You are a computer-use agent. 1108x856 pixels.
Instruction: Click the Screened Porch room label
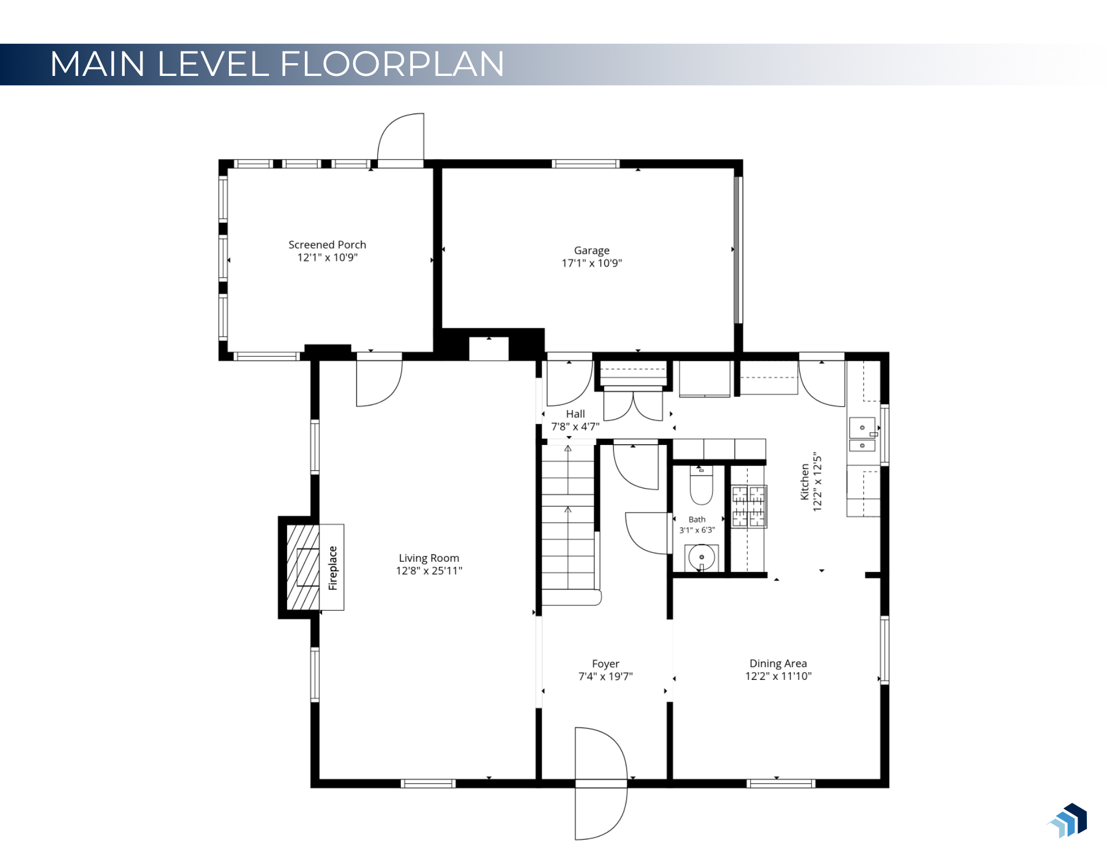pos(327,244)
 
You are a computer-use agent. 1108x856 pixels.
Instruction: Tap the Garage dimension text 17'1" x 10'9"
pos(591,263)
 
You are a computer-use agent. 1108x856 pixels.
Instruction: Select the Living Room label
pos(429,558)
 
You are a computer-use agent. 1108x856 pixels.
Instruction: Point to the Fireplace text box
pos(332,567)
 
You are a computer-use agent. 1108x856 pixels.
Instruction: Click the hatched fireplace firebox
pos(303,567)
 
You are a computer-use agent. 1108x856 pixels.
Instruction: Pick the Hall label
pos(575,414)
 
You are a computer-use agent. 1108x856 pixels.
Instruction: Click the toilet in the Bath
pos(701,485)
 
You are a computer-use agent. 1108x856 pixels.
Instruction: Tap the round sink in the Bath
pos(701,557)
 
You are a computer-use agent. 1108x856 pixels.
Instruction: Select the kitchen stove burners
pos(749,506)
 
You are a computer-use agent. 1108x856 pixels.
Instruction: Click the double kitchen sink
pos(862,434)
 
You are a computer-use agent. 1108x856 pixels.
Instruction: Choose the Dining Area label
pos(778,663)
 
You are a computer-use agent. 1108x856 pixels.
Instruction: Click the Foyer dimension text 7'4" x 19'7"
pos(605,676)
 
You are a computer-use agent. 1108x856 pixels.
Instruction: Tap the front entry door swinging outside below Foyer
pos(601,810)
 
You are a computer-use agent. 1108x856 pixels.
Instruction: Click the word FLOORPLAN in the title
pos(392,64)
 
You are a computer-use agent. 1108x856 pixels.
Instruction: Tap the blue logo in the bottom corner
pos(1067,821)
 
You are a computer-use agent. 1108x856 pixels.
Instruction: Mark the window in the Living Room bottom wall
pos(428,783)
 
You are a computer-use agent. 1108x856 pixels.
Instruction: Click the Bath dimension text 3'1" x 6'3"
pos(697,530)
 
